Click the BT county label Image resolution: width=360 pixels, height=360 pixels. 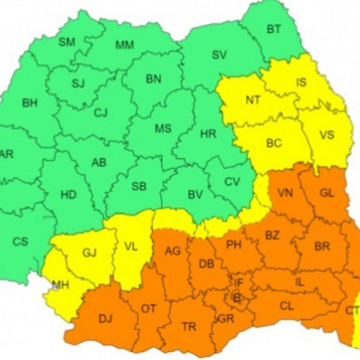(x=274, y=30)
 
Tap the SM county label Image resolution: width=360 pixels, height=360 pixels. (x=67, y=42)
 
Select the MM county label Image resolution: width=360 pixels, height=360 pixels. (x=125, y=45)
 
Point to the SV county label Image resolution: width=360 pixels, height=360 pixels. (x=219, y=55)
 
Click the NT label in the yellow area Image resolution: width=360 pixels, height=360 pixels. (x=253, y=100)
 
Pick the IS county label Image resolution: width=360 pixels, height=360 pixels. (x=301, y=82)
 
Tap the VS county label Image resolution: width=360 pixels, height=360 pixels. (x=326, y=135)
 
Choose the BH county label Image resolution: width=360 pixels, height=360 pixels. (x=30, y=103)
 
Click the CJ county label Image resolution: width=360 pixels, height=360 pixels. (x=100, y=112)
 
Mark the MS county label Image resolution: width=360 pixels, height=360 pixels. (x=163, y=128)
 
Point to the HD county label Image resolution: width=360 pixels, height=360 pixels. (x=68, y=194)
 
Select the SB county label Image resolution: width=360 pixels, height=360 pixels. (x=140, y=186)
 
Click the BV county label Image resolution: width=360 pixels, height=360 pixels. (x=194, y=194)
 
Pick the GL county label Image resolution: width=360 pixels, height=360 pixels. (x=326, y=193)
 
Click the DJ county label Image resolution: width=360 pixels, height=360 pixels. (x=105, y=318)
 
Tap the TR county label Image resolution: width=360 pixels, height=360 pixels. (x=189, y=327)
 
